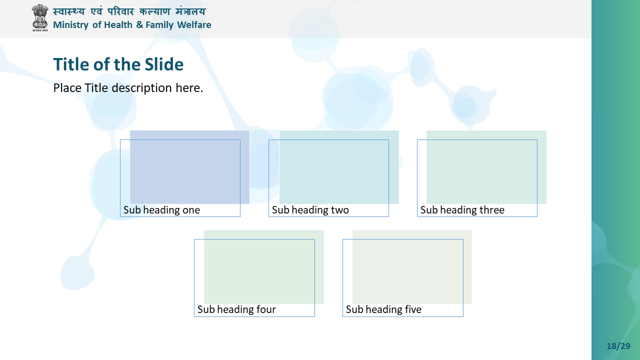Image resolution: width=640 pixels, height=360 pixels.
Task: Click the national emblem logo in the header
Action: [39, 17]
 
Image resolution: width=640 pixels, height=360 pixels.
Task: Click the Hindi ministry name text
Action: [129, 11]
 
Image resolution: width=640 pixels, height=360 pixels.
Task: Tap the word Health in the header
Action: [118, 25]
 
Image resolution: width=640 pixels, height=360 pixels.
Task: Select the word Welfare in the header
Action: [194, 25]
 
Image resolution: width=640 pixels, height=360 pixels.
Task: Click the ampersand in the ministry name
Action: [139, 25]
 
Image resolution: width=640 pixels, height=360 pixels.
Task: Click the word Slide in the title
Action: [164, 64]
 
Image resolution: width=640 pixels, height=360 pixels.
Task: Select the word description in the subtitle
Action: [141, 88]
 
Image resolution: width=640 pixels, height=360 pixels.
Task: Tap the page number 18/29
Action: [618, 346]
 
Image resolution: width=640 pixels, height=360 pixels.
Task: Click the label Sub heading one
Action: [161, 210]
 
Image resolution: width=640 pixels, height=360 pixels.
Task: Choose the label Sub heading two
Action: [310, 210]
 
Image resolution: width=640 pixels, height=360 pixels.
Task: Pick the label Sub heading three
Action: [462, 210]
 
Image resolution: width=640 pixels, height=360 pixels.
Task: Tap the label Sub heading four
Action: [236, 309]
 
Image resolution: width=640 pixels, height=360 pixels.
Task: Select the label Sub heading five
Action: [383, 309]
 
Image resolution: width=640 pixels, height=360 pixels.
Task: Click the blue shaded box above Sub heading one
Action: [189, 167]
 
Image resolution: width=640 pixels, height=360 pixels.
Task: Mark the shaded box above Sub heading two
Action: [339, 167]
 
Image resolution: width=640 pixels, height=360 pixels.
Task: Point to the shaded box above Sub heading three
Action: [486, 167]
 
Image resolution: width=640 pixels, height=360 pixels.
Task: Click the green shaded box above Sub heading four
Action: [264, 267]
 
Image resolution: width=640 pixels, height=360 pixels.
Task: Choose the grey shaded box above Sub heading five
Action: [412, 267]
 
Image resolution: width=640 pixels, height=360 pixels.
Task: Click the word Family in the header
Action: [159, 25]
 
